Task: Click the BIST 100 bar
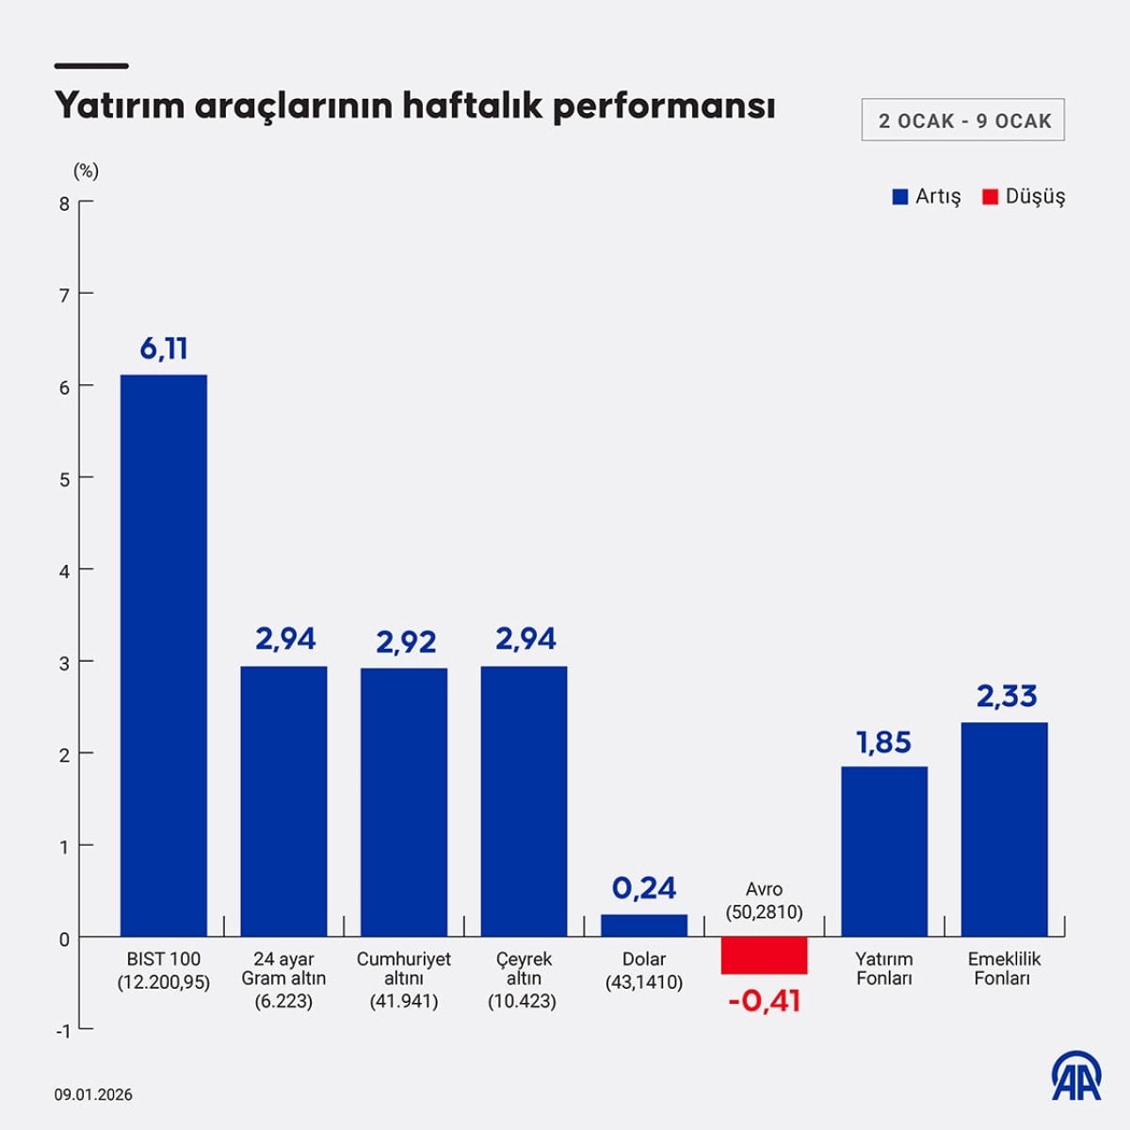pyautogui.click(x=163, y=655)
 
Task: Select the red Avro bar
pyautogui.click(x=764, y=955)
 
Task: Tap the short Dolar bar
pyautogui.click(x=644, y=925)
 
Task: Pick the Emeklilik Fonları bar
pyautogui.click(x=1004, y=829)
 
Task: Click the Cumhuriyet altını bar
pyautogui.click(x=403, y=802)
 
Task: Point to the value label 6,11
pyautogui.click(x=164, y=349)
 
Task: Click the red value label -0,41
pyautogui.click(x=764, y=1000)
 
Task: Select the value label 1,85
pyautogui.click(x=883, y=743)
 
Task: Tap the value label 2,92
pyautogui.click(x=406, y=642)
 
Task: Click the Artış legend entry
pyautogui.click(x=927, y=197)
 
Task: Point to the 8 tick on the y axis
pyautogui.click(x=64, y=203)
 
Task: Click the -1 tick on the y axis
pyautogui.click(x=62, y=1030)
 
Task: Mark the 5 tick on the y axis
pyautogui.click(x=64, y=479)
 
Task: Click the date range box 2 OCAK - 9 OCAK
pyautogui.click(x=962, y=121)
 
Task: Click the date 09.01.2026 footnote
pyautogui.click(x=93, y=1094)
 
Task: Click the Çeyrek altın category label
pyautogui.click(x=523, y=979)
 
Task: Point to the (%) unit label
pyautogui.click(x=86, y=170)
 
